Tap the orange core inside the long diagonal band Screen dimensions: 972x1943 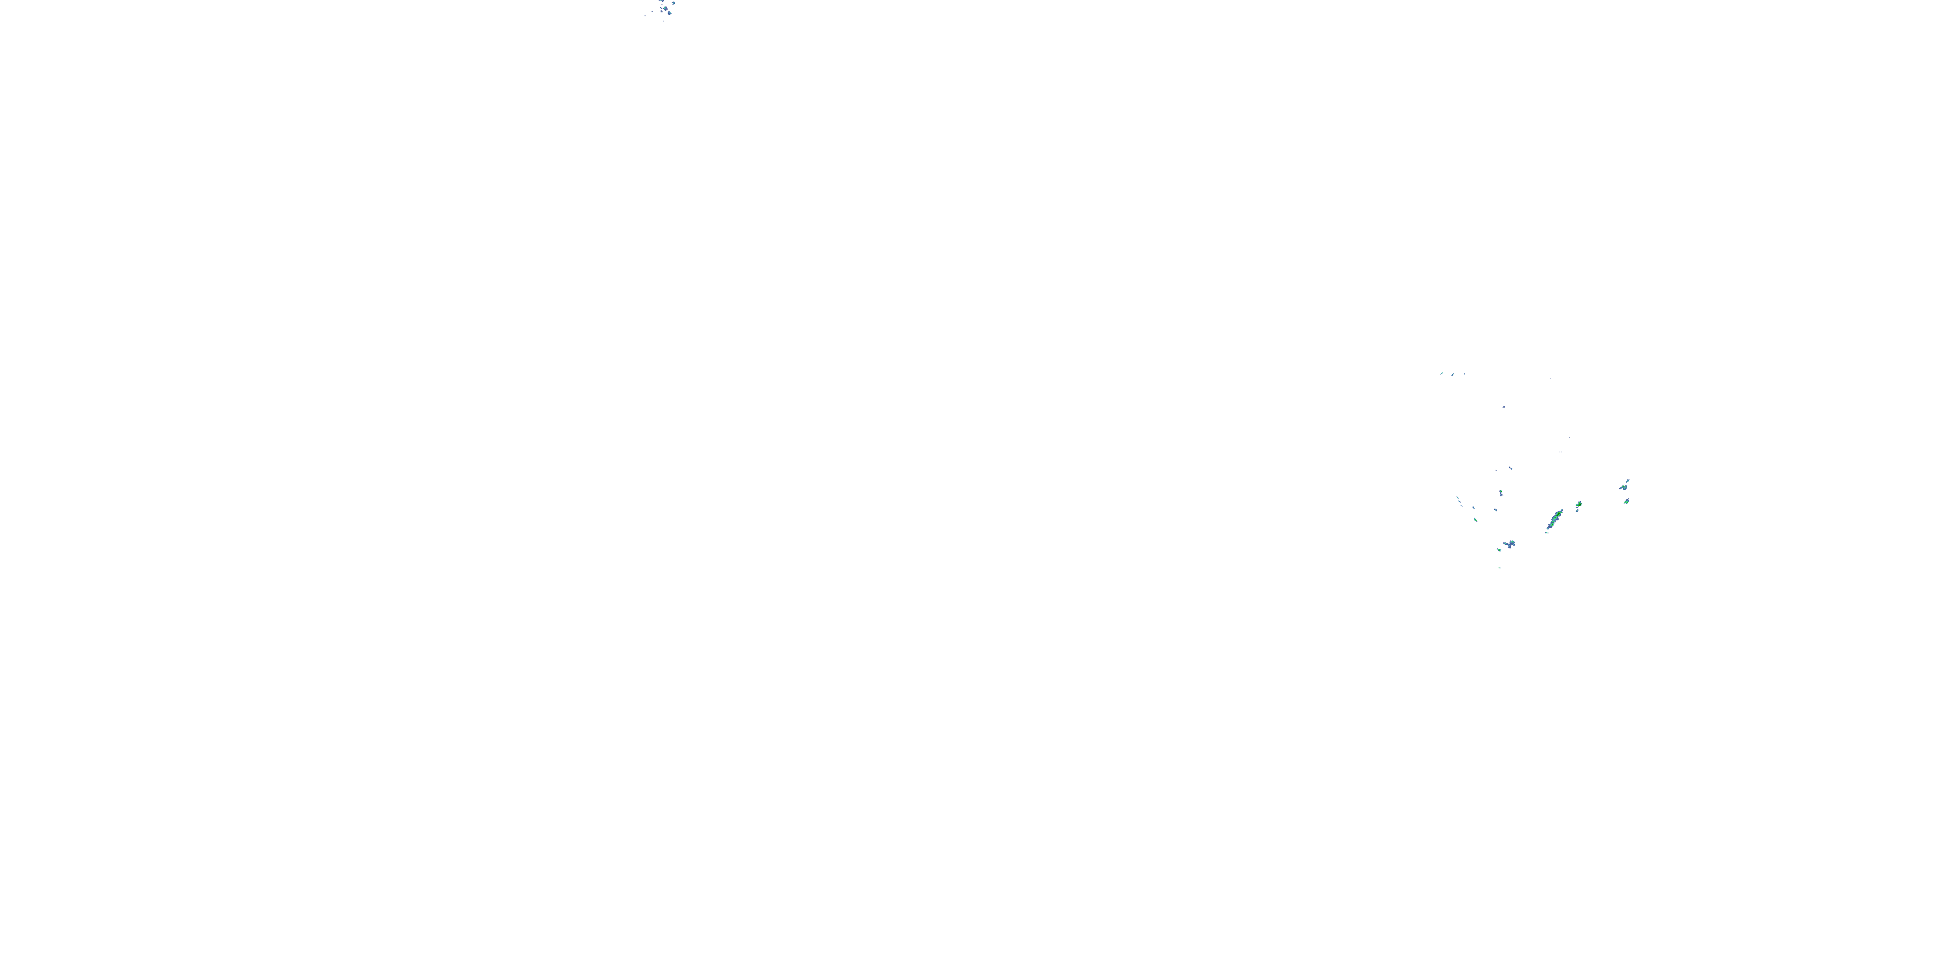pos(1560,513)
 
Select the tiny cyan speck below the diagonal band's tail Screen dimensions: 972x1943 pos(1547,533)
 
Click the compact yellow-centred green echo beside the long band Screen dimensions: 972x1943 pos(1580,504)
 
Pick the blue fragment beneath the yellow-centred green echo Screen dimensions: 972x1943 pos(1577,511)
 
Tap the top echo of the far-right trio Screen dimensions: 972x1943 pos(1628,481)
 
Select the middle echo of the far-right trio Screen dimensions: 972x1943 pos(1623,488)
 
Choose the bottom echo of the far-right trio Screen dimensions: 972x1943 pos(1627,502)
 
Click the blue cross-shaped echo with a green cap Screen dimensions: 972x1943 pos(1511,545)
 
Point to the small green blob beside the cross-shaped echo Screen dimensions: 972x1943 pos(1499,550)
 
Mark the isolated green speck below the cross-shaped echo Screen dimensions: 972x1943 pos(1499,568)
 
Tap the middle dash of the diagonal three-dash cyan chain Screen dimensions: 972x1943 pos(1459,502)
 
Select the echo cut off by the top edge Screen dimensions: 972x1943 pos(661,1)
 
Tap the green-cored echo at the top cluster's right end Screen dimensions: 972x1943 pos(674,3)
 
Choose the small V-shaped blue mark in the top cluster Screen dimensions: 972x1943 pos(661,8)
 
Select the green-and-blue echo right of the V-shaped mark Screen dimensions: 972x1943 pos(665,8)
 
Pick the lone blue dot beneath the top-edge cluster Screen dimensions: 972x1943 pos(664,21)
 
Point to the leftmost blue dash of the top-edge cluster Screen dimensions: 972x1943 pos(645,16)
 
